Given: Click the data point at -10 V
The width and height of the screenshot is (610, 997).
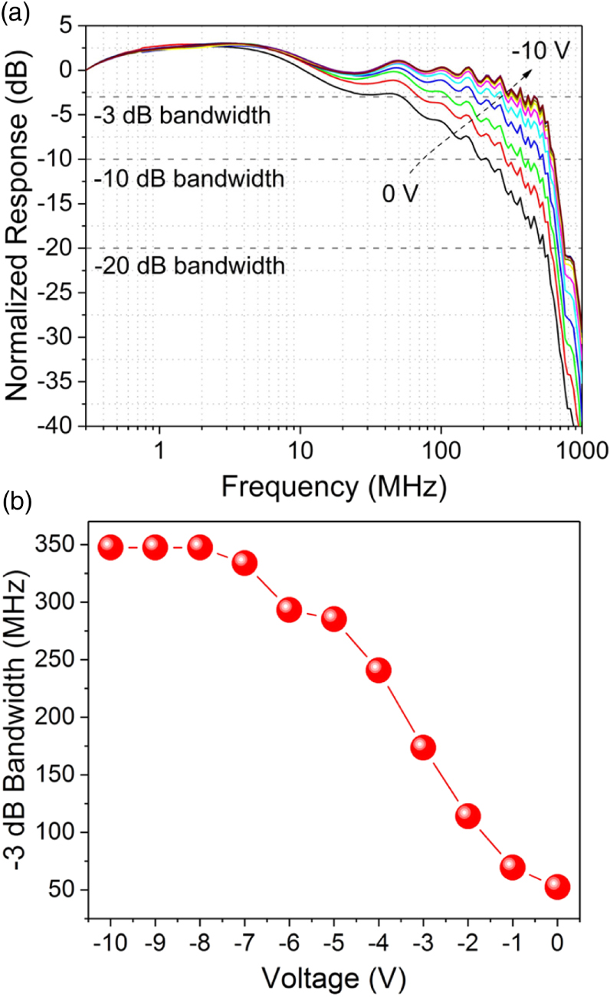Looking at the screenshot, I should [x=110, y=547].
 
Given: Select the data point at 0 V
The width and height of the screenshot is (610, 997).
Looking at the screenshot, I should [x=557, y=887].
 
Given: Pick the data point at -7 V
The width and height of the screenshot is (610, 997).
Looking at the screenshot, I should [x=244, y=563].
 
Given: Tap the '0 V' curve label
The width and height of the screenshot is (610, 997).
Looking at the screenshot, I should [x=400, y=193].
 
